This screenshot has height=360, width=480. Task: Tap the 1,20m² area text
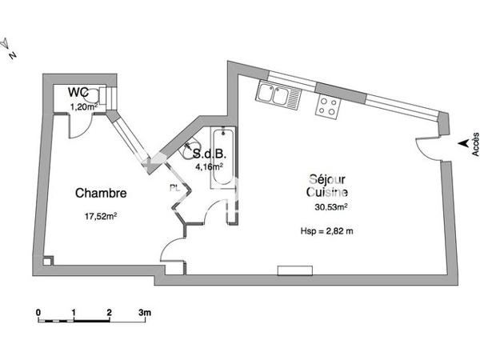click(x=84, y=106)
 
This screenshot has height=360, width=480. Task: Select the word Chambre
click(x=101, y=193)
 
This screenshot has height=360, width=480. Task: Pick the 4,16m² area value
click(x=210, y=168)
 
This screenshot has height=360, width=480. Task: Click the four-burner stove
click(x=328, y=106)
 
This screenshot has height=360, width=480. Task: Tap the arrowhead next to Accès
click(x=462, y=144)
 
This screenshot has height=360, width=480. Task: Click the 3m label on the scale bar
click(x=145, y=310)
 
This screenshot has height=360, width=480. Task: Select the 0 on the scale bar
click(x=38, y=310)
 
